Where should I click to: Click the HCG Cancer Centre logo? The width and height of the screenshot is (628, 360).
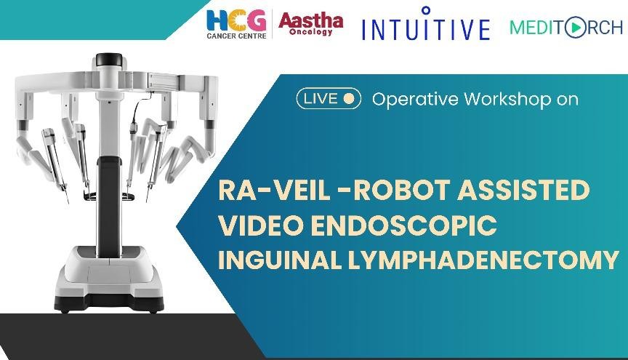click(x=236, y=24)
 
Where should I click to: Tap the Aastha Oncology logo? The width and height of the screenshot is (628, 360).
click(x=311, y=24)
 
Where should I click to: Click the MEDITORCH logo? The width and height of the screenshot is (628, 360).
click(x=566, y=27)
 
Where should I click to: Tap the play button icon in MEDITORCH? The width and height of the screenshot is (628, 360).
click(x=575, y=27)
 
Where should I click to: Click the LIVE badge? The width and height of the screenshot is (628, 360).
click(x=329, y=99)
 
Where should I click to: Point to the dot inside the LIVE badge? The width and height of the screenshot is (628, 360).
click(x=349, y=99)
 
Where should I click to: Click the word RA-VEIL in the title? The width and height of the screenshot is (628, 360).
click(x=274, y=190)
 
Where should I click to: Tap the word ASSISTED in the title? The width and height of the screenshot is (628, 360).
click(x=524, y=190)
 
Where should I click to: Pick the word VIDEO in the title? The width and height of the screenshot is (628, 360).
click(x=261, y=225)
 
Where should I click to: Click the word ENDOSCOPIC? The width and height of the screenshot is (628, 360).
click(x=404, y=225)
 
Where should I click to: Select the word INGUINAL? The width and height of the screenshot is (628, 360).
click(x=280, y=260)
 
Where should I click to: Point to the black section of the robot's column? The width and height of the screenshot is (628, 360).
click(x=109, y=207)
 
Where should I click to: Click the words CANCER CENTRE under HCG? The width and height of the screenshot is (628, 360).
click(x=236, y=36)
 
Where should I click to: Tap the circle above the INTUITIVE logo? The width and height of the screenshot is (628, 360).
click(x=426, y=9)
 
